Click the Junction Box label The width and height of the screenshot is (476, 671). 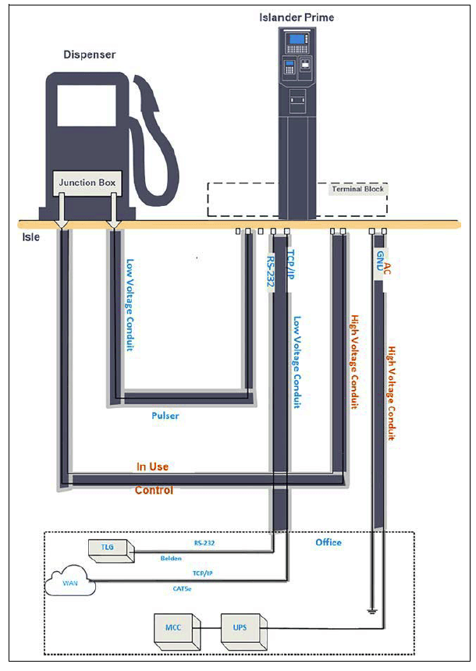click(87, 183)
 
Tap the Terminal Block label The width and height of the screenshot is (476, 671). click(358, 190)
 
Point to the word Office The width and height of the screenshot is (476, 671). click(328, 542)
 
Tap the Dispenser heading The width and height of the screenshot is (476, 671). click(89, 55)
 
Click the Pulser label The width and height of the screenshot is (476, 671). click(165, 416)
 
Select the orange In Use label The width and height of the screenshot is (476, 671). click(152, 467)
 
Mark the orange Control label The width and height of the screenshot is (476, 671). click(154, 491)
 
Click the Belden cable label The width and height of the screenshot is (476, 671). click(171, 559)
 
